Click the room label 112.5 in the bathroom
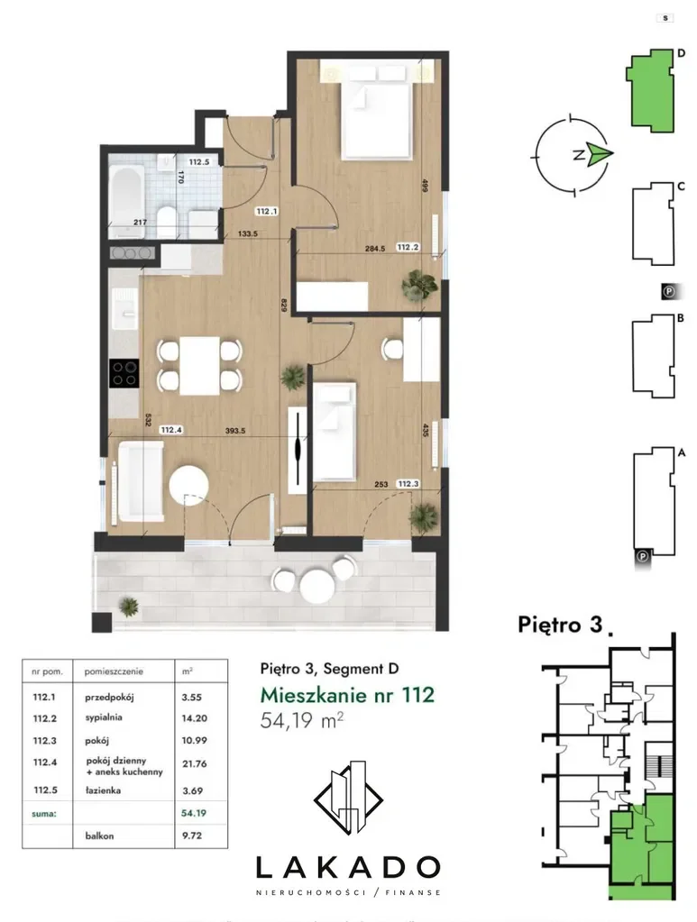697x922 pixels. [x=198, y=161]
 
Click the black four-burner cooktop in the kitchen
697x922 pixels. [x=124, y=373]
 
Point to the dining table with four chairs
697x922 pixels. [x=199, y=365]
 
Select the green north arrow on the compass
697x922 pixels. [x=601, y=154]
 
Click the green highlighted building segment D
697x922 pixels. [x=650, y=90]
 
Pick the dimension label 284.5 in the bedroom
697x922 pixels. [x=375, y=249]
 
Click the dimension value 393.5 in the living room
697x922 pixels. [x=235, y=431]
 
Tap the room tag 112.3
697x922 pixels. [x=408, y=484]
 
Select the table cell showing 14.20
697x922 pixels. [x=194, y=718]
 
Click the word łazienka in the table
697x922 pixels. [x=103, y=790]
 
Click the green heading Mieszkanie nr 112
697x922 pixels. [x=348, y=695]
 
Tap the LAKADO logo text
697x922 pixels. [x=348, y=867]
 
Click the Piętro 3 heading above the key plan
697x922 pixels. [x=561, y=625]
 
